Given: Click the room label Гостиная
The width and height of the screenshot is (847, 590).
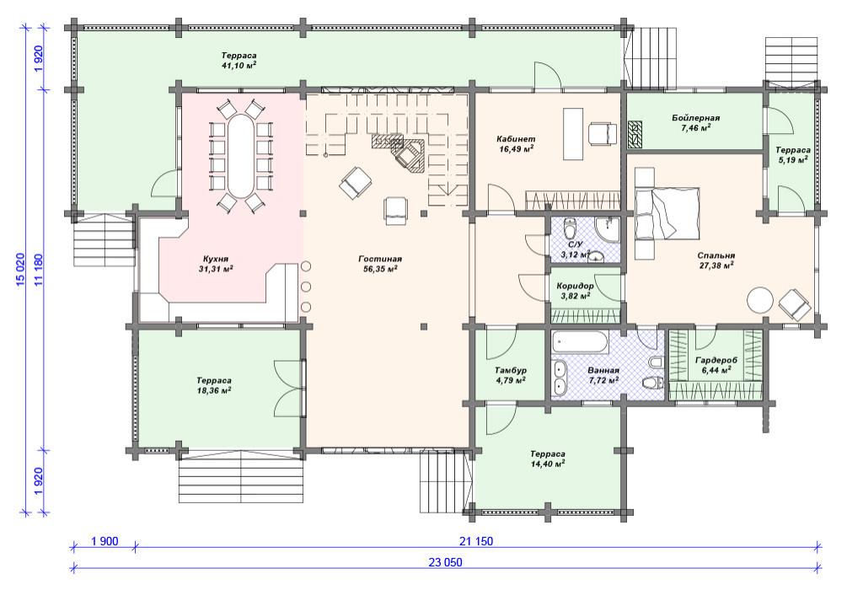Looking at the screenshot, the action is click(380, 259).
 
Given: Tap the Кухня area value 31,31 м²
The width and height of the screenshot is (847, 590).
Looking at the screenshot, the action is click(216, 269).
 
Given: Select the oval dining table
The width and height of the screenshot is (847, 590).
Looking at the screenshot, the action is click(240, 157).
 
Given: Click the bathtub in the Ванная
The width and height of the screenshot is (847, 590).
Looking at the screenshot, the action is click(581, 342).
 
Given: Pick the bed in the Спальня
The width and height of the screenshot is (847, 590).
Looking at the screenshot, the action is click(667, 213).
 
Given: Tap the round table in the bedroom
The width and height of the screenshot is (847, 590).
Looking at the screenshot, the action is click(760, 300).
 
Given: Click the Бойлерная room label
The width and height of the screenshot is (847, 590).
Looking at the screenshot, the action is click(696, 118).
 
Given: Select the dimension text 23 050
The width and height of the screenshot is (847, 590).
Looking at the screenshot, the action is click(446, 562).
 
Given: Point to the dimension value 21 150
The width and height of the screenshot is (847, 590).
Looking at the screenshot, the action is click(476, 541).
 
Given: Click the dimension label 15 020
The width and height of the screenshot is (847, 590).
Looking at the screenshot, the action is click(21, 269).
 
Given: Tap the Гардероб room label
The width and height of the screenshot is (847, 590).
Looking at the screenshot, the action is click(716, 361).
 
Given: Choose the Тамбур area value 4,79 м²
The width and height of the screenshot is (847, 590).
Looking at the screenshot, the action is click(511, 380).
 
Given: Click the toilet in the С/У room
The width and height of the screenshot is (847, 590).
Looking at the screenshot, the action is click(569, 229).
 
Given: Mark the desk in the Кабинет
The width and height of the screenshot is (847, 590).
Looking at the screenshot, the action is click(573, 134).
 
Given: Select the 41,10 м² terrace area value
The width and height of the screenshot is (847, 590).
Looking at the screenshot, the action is click(239, 66).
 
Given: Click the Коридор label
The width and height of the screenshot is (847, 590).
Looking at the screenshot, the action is click(576, 286).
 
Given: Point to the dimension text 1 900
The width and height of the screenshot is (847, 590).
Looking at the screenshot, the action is click(105, 541).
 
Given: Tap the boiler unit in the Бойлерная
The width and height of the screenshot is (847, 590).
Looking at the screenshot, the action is click(635, 135).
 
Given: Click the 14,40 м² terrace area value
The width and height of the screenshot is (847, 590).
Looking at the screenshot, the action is click(548, 464).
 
